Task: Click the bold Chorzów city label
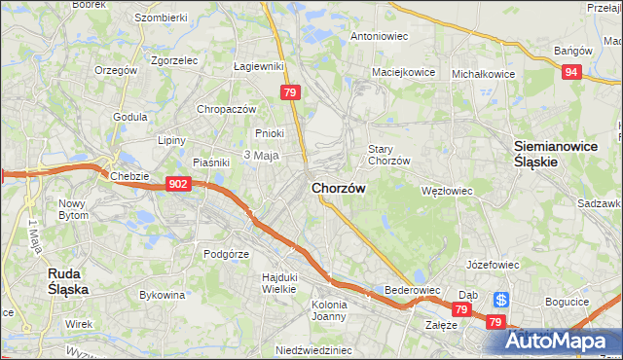339,189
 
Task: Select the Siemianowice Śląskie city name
549,155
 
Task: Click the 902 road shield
177,184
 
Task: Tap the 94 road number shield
574,71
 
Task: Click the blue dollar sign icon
500,300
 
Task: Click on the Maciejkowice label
402,73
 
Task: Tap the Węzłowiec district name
446,192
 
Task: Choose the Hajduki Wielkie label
278,282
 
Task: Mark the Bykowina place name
163,294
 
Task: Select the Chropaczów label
226,110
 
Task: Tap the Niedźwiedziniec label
311,350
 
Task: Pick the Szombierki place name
161,18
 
